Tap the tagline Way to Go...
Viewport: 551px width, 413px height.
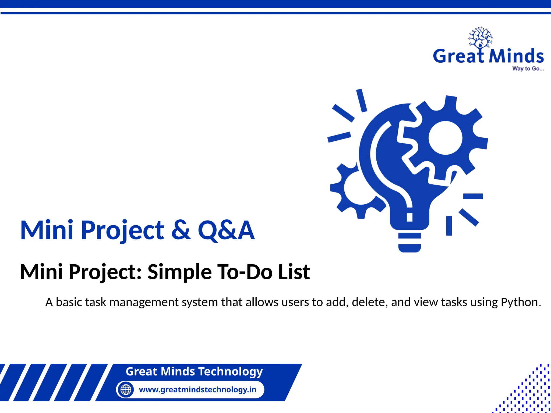point(528,69)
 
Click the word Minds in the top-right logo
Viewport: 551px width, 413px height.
point(516,56)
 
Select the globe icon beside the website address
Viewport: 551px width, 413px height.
point(126,389)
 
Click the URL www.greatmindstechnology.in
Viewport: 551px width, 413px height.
point(197,390)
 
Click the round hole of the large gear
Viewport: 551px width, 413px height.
point(445,138)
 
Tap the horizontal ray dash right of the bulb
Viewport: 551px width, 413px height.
point(473,196)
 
